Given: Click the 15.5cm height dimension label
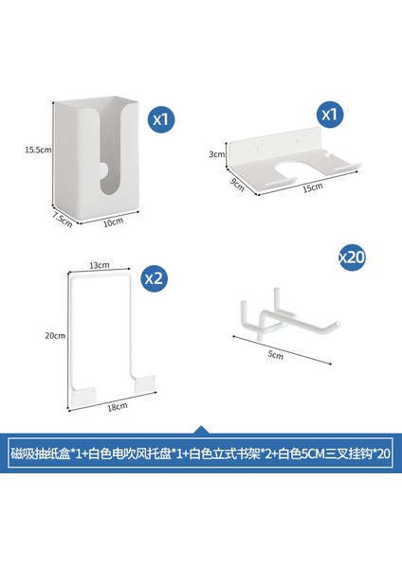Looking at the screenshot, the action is (x=38, y=150).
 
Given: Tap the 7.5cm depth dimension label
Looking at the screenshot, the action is (x=62, y=220).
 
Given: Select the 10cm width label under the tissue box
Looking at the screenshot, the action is (x=113, y=222).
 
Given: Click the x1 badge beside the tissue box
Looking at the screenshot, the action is (x=160, y=119).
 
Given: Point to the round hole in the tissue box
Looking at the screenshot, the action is (x=103, y=170).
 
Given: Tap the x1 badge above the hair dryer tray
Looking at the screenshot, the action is (x=329, y=115).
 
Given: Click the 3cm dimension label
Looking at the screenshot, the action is (x=216, y=154).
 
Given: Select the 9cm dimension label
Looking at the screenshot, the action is (x=237, y=185).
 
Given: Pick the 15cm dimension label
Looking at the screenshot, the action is (x=312, y=187).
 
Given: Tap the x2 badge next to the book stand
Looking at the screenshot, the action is (x=155, y=278).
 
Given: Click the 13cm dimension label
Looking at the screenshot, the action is (x=99, y=265).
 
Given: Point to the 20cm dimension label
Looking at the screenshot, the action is (x=55, y=336).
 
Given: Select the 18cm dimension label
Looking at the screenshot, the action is (x=118, y=407).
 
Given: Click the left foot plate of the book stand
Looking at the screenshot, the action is (x=84, y=397).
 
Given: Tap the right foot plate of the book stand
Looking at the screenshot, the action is (x=145, y=384).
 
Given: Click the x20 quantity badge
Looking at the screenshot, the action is (x=351, y=257).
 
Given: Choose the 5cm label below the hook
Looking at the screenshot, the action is (x=275, y=355).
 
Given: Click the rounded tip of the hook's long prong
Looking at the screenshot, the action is (x=338, y=324).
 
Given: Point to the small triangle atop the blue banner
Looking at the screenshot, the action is (x=201, y=430).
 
